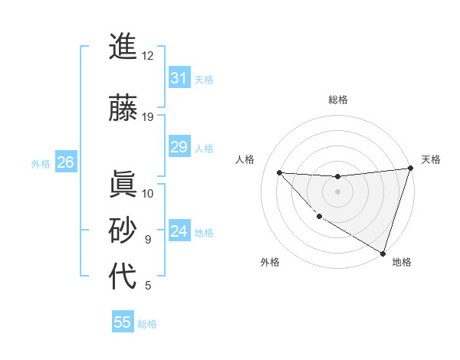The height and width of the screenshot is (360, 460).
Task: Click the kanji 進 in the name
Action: (x=123, y=47)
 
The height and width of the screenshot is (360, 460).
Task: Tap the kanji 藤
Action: (x=123, y=108)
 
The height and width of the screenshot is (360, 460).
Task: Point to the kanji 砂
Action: (x=123, y=231)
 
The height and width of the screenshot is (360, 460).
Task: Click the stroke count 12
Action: (x=147, y=56)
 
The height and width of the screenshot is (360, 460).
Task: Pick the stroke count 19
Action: (x=147, y=117)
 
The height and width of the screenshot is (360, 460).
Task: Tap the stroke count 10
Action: (x=147, y=193)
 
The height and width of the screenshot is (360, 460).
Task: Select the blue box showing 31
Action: (x=179, y=78)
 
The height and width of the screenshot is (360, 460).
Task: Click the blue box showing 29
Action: (x=179, y=147)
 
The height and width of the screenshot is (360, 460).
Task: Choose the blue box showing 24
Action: (x=179, y=231)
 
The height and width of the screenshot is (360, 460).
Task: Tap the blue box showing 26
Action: (x=65, y=162)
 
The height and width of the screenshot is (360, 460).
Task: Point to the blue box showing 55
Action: (x=123, y=322)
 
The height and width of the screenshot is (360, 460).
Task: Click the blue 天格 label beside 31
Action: (x=204, y=79)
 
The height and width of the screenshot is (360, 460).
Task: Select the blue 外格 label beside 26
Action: (x=41, y=163)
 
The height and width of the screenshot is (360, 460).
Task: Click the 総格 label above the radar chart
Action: (x=337, y=100)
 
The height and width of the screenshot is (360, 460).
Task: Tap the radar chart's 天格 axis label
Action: (x=431, y=159)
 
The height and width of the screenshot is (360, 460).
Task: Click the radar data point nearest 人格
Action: (x=279, y=172)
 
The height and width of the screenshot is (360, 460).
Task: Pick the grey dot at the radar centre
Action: (x=337, y=191)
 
